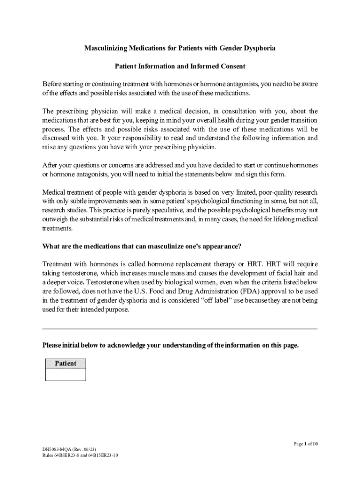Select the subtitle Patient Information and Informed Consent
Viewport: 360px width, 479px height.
pyautogui.click(x=180, y=66)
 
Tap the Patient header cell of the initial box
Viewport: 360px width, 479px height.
pyautogui.click(x=65, y=363)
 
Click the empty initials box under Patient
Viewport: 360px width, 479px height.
pyautogui.click(x=65, y=374)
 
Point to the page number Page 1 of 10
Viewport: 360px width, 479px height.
pyautogui.click(x=306, y=443)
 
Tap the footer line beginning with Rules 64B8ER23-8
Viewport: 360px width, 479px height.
pyautogui.click(x=80, y=455)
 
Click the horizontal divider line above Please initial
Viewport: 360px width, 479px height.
pyautogui.click(x=180, y=329)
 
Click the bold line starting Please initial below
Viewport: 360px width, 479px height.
pyautogui.click(x=170, y=345)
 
